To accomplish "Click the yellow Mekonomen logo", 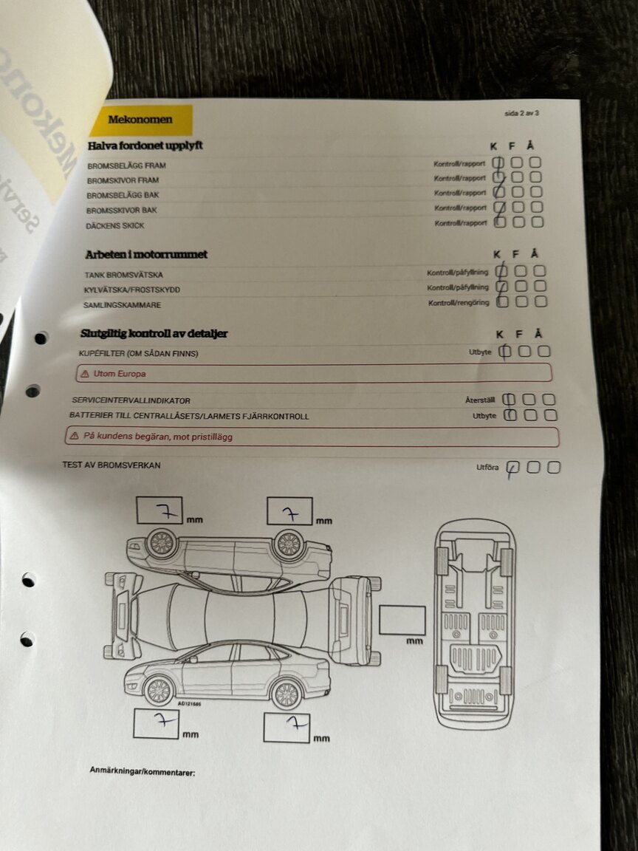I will click(140, 120).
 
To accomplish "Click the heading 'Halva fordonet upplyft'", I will click(145, 146).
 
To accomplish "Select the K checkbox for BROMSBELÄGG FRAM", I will click(499, 163).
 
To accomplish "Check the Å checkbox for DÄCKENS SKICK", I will click(537, 222).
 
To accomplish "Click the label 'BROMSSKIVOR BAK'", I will click(122, 211).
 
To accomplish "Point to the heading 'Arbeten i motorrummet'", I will click(146, 254).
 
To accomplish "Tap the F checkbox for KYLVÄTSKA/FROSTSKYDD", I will click(521, 286).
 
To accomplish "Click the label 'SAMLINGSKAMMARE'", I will click(123, 305).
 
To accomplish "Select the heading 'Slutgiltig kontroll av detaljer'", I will click(154, 334).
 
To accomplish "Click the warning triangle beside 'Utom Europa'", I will click(85, 374).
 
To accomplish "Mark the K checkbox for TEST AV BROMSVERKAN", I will click(513, 468).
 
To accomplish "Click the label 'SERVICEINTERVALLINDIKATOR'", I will click(131, 400).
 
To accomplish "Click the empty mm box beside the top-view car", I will click(402, 620).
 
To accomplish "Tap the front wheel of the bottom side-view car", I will click(158, 690).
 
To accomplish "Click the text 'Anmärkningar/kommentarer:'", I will click(142, 772).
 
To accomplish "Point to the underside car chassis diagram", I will click(473, 623).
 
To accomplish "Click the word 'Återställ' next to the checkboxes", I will click(478, 400).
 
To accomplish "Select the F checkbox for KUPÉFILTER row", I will click(524, 352).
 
